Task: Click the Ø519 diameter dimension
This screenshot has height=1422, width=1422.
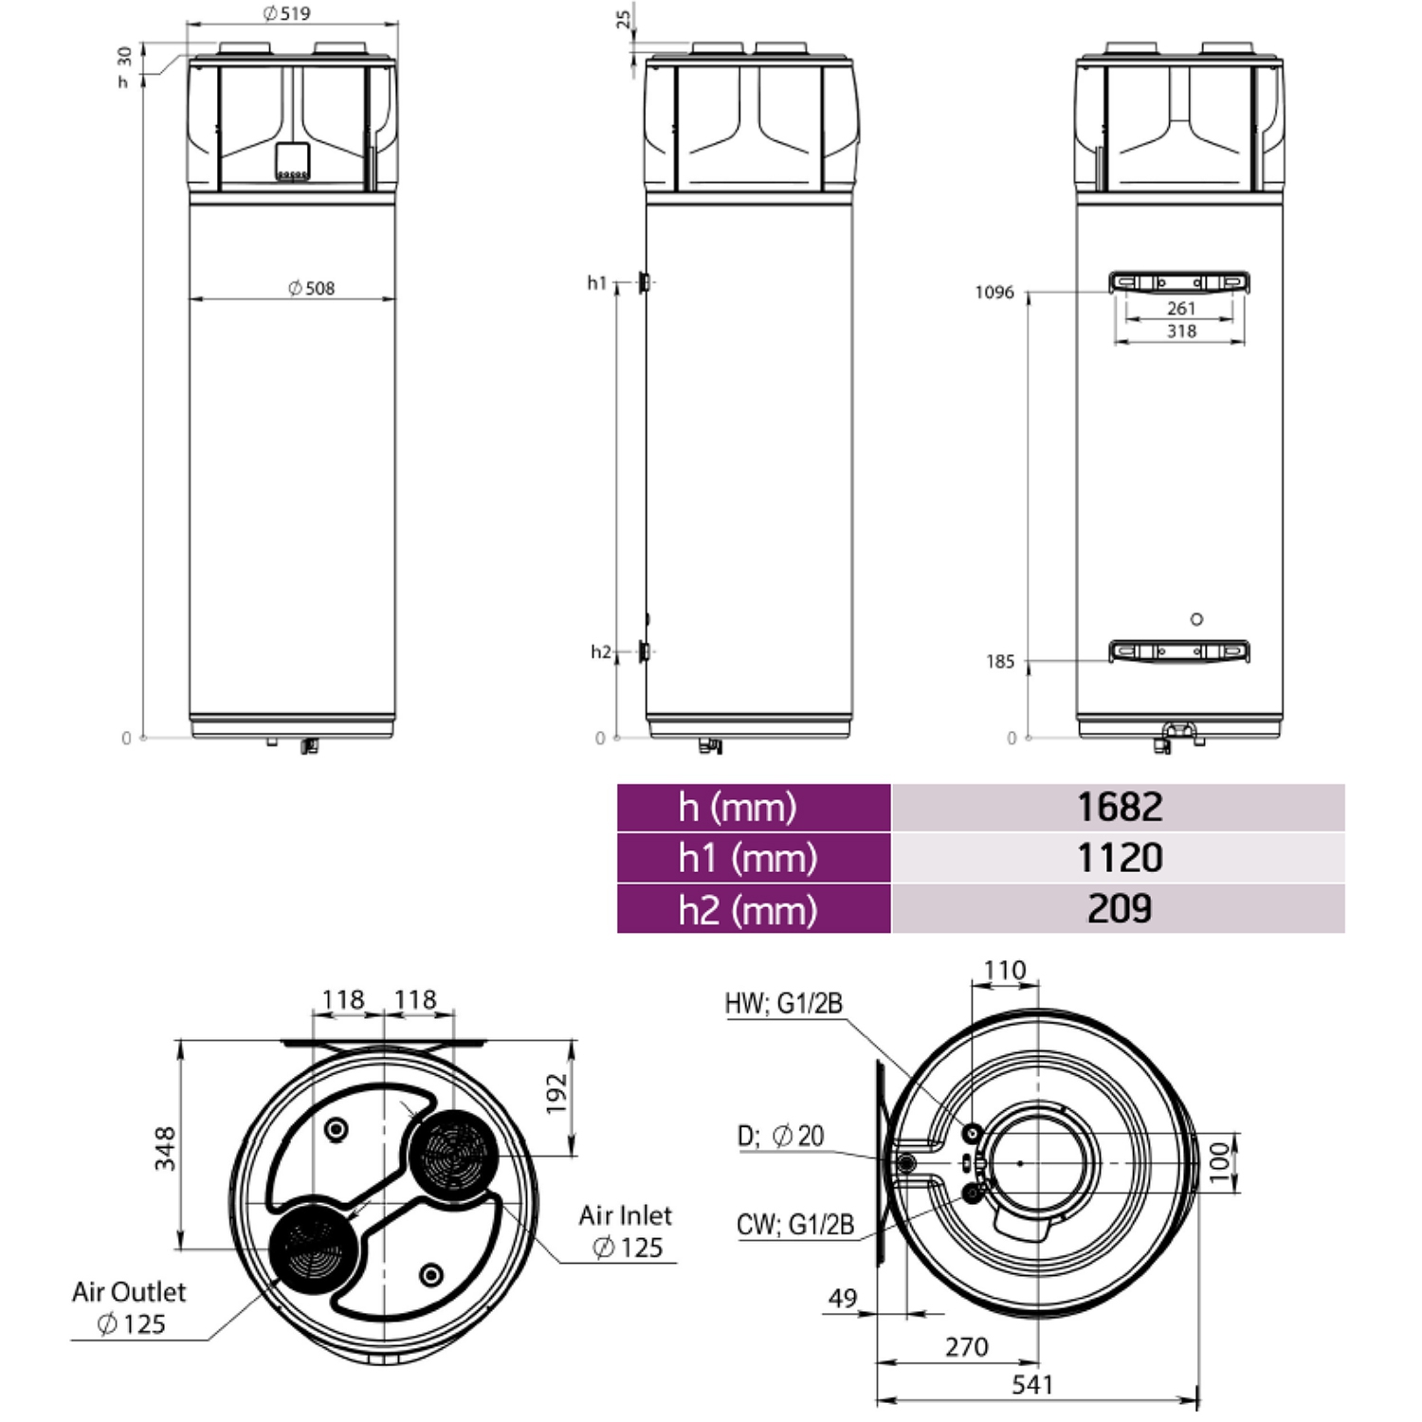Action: pyautogui.click(x=286, y=13)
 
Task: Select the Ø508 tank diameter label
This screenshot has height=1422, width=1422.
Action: pyautogui.click(x=312, y=287)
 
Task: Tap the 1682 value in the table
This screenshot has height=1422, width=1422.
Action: pyautogui.click(x=1119, y=808)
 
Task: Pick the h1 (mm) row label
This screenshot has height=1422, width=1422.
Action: pyautogui.click(x=748, y=859)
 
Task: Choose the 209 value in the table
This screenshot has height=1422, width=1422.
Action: pyautogui.click(x=1119, y=909)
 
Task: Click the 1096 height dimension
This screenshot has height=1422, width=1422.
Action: pyautogui.click(x=994, y=292)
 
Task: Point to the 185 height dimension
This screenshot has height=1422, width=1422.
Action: pyautogui.click(x=1000, y=662)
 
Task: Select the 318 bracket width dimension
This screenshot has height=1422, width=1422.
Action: pyautogui.click(x=1181, y=331)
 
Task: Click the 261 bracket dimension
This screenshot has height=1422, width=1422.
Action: pyautogui.click(x=1181, y=308)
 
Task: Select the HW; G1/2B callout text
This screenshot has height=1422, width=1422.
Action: pyautogui.click(x=783, y=1004)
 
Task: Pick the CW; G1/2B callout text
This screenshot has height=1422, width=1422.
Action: pyautogui.click(x=794, y=1225)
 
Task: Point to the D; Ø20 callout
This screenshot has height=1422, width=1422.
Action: pyautogui.click(x=780, y=1136)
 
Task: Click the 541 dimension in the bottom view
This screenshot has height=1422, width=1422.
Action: pyautogui.click(x=1032, y=1384)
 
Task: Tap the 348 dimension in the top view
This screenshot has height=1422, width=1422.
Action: pyautogui.click(x=165, y=1148)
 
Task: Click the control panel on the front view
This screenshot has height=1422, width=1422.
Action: pyautogui.click(x=292, y=161)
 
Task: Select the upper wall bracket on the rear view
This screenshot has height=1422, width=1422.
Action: pyautogui.click(x=1179, y=283)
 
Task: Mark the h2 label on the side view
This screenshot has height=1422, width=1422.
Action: pyautogui.click(x=601, y=652)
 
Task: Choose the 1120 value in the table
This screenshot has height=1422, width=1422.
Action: pyautogui.click(x=1119, y=859)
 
